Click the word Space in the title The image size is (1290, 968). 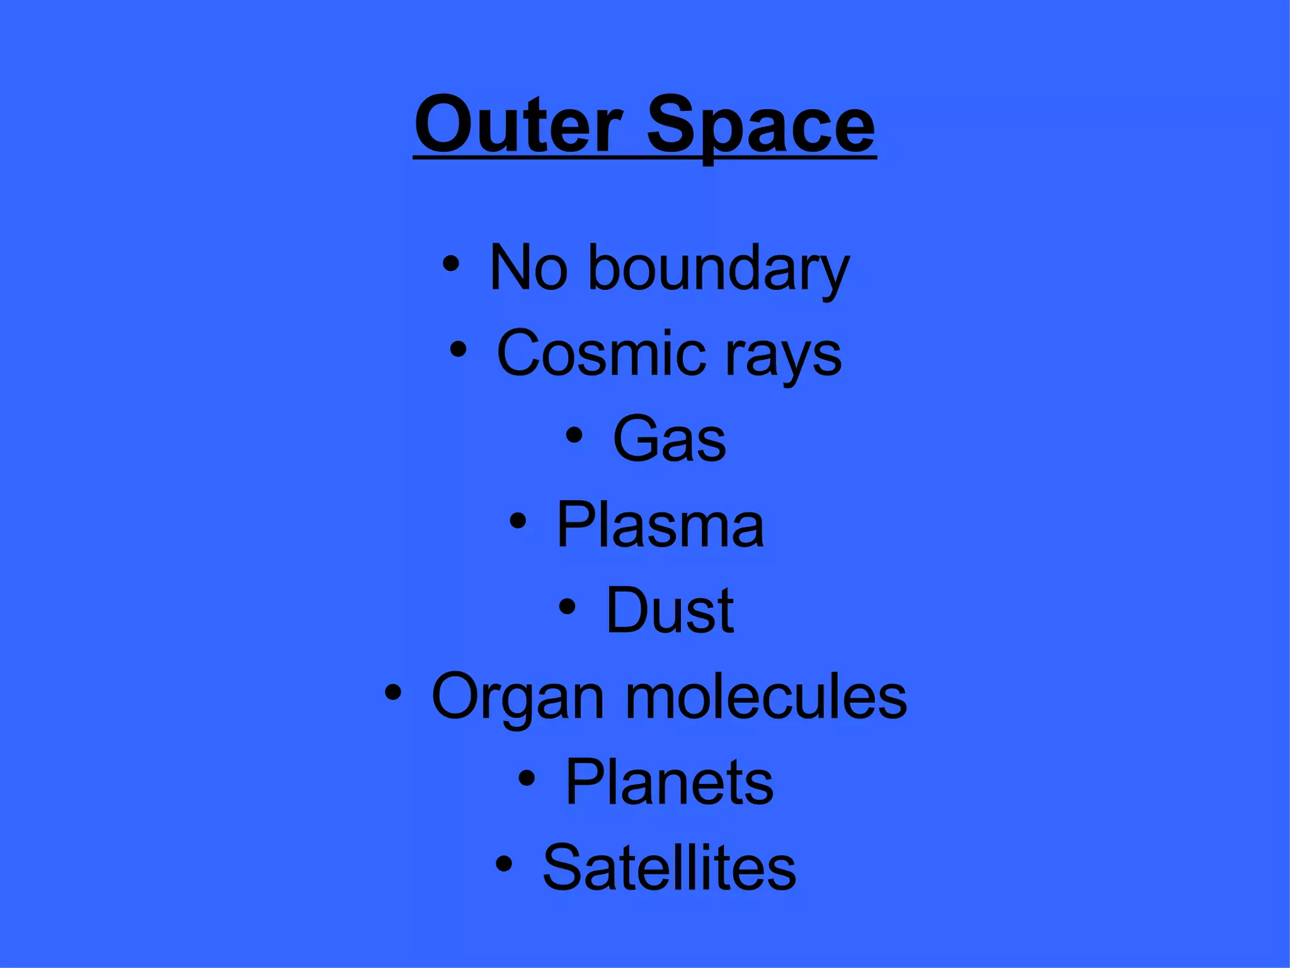pyautogui.click(x=761, y=126)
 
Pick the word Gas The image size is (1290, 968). pyautogui.click(x=669, y=439)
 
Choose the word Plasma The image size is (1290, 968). pyautogui.click(x=659, y=524)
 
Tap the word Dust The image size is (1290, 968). pyautogui.click(x=670, y=610)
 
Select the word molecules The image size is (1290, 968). pyautogui.click(x=766, y=696)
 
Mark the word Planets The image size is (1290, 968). pyautogui.click(x=669, y=782)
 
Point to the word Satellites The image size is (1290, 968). pyautogui.click(x=669, y=868)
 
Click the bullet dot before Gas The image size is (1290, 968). pyautogui.click(x=573, y=435)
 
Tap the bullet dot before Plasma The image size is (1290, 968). pyautogui.click(x=517, y=521)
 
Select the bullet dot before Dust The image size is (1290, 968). pyautogui.click(x=567, y=606)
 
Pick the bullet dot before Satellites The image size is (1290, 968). pyautogui.click(x=504, y=864)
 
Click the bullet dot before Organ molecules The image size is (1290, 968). pyautogui.click(x=392, y=693)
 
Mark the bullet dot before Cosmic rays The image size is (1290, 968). pyautogui.click(x=458, y=349)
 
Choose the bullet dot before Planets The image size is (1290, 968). pyautogui.click(x=527, y=778)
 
